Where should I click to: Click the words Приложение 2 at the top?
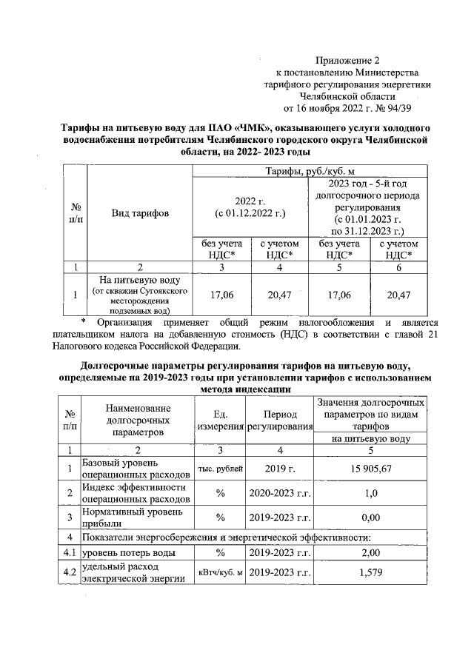click(x=347, y=61)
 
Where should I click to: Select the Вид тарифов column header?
click(x=139, y=213)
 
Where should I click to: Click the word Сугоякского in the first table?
click(x=163, y=291)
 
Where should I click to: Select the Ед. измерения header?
click(x=219, y=420)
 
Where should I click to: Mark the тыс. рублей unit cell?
click(x=219, y=468)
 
